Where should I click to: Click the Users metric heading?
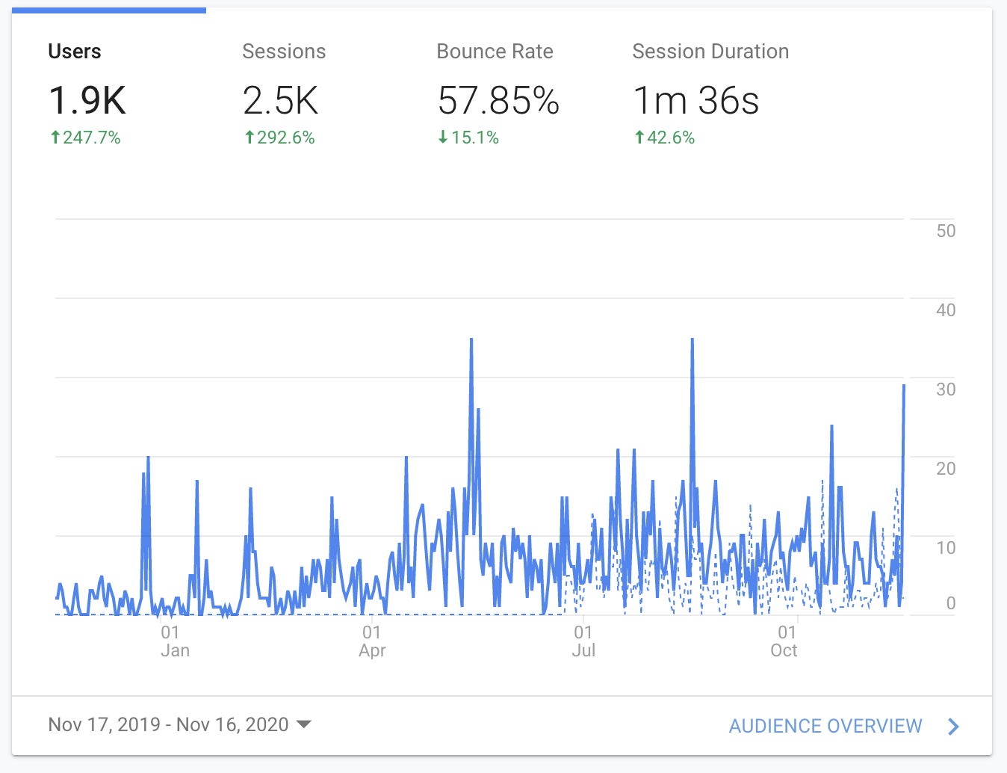75,52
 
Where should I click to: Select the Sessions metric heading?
284,52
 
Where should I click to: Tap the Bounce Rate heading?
495,52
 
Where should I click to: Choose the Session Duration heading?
710,52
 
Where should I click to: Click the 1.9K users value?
87,101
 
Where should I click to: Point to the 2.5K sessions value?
281,101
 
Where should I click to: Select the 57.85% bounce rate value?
498,101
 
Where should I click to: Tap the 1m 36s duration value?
695,101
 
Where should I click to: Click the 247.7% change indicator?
85,138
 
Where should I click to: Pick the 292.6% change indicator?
279,138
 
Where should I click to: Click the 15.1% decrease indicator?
468,138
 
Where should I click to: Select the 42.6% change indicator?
664,138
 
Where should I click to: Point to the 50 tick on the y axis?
946,231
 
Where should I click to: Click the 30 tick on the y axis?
946,389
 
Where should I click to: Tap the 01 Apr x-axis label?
372,641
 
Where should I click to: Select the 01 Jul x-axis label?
583,641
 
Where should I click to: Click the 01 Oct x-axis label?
784,641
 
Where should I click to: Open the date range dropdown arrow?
304,724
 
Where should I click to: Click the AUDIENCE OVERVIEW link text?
825,726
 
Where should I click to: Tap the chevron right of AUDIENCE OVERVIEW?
953,726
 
